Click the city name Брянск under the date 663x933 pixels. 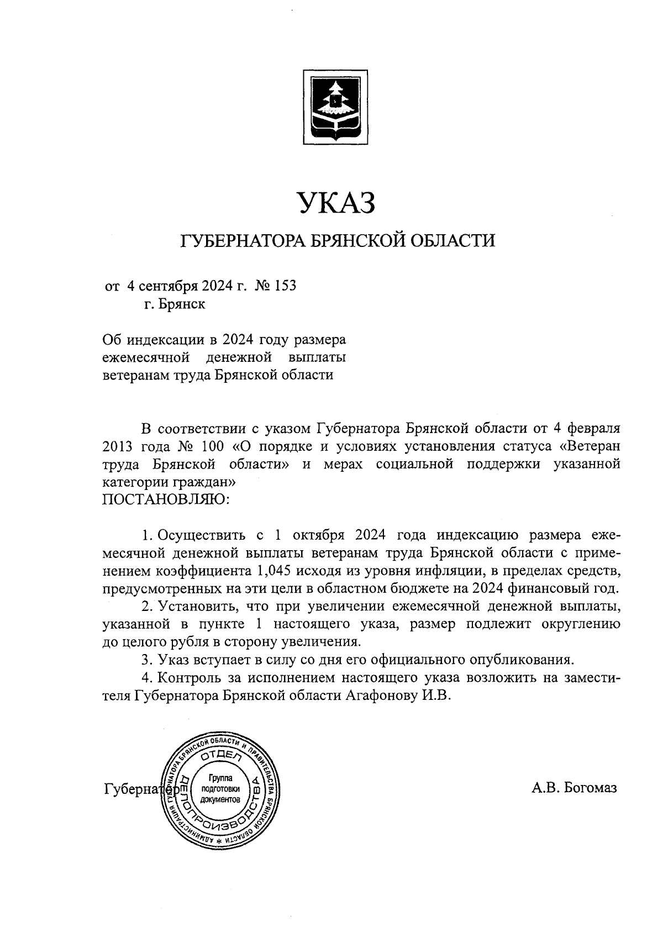coord(182,304)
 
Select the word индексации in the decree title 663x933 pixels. coord(165,339)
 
